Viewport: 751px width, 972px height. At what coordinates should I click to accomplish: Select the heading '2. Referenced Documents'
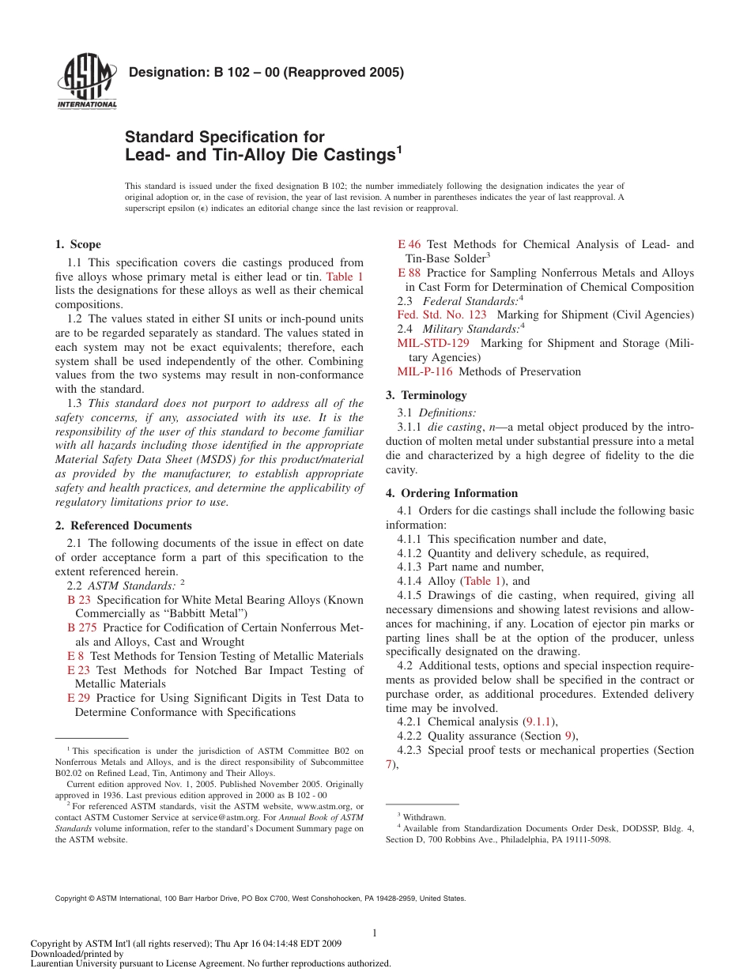123,526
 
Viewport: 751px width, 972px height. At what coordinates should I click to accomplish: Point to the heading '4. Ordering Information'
451,493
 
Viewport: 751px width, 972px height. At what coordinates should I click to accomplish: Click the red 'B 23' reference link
79,600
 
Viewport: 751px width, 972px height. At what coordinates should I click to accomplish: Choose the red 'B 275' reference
82,627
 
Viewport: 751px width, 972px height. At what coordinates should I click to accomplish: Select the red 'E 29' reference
78,698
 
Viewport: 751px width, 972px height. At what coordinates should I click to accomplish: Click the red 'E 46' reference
409,244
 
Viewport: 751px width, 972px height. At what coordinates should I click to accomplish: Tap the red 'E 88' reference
409,273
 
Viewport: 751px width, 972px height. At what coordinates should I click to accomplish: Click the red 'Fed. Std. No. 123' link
442,315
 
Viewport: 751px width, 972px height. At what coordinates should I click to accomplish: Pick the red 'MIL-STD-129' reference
433,343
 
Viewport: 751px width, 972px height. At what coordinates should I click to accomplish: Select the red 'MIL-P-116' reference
425,371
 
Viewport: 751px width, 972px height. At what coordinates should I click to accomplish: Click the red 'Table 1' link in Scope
345,277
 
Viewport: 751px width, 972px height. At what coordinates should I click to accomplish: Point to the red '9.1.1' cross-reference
542,721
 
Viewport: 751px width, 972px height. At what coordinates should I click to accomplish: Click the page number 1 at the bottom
375,933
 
